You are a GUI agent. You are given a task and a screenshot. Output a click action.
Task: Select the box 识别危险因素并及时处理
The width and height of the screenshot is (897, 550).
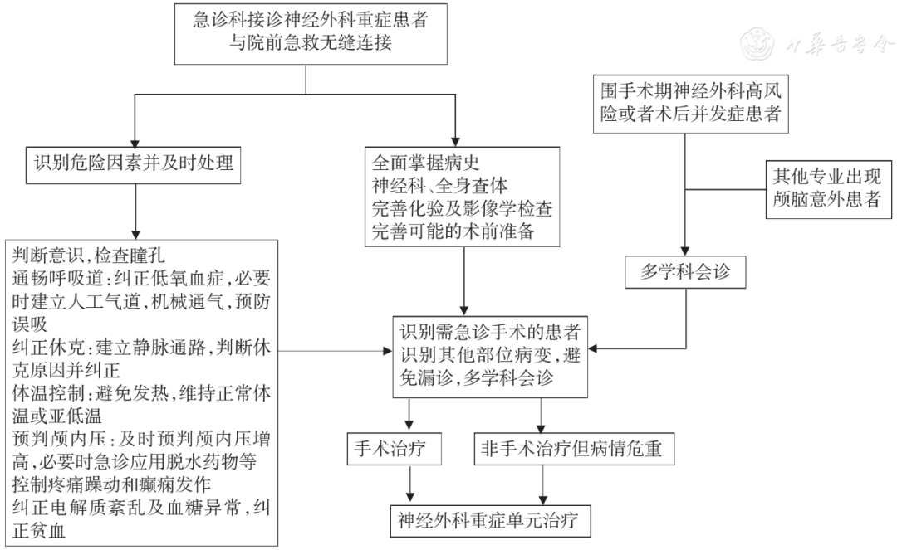pos(134,164)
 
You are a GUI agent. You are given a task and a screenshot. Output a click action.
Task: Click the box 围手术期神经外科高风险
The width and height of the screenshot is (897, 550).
pos(691,102)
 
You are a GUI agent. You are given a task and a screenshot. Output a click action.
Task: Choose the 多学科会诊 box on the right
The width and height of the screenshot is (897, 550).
pos(685,271)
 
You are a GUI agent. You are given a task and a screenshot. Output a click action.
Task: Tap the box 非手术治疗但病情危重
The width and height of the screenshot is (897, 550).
pos(574,449)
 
